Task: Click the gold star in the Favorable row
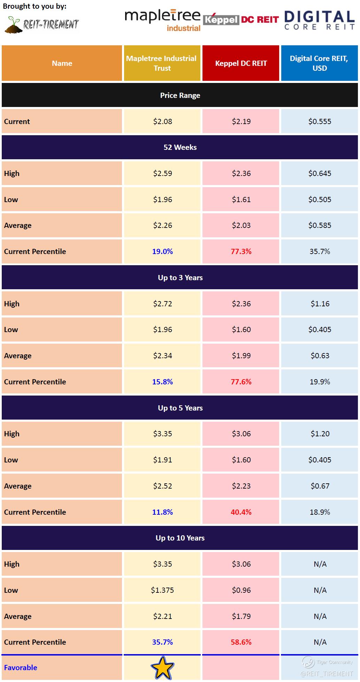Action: (x=162, y=667)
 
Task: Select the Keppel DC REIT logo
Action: (x=241, y=20)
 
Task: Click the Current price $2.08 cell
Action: (x=162, y=121)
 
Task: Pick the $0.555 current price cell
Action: (x=320, y=121)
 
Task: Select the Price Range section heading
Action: (x=180, y=95)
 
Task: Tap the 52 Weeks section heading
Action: (x=180, y=147)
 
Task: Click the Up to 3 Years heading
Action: (x=180, y=277)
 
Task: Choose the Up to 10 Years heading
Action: (x=180, y=538)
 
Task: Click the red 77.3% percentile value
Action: (x=241, y=251)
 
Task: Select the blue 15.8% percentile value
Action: (x=162, y=382)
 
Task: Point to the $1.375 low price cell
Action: (x=162, y=590)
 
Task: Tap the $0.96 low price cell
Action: (x=241, y=590)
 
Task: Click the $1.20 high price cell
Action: (x=320, y=434)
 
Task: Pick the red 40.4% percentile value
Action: (x=241, y=512)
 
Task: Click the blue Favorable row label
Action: (x=21, y=667)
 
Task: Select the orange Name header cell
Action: (x=62, y=63)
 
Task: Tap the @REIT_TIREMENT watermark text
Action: (x=327, y=674)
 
